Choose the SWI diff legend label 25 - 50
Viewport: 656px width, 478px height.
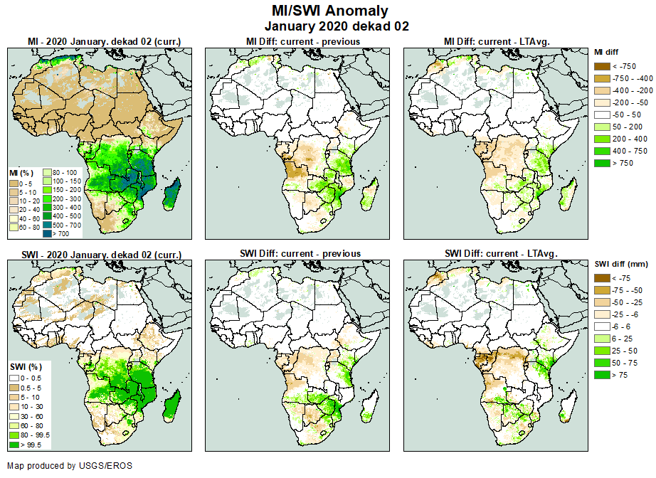pyautogui.click(x=625, y=351)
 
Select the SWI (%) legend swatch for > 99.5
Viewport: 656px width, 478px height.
pyautogui.click(x=14, y=444)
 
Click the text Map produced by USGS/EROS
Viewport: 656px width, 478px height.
pyautogui.click(x=70, y=466)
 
